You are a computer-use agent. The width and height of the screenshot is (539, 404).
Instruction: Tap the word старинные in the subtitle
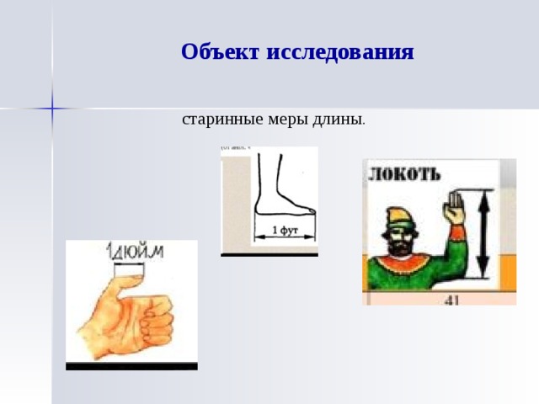(215, 119)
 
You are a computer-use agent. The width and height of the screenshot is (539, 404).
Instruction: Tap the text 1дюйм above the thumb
(133, 252)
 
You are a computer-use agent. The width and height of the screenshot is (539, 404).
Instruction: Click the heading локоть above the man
(404, 174)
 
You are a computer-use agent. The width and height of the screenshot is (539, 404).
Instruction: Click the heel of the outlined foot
(259, 208)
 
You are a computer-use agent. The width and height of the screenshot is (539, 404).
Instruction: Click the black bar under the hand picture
(131, 366)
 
